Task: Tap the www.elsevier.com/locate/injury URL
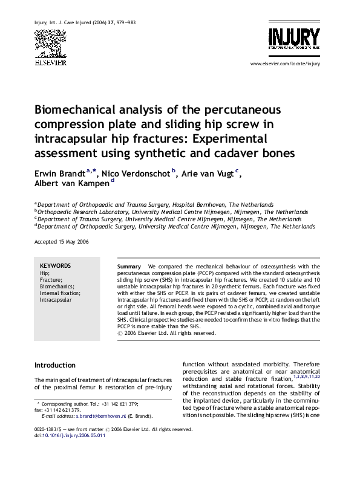tap(284, 63)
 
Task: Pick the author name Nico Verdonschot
tap(136, 174)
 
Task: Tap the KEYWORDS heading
tap(55, 265)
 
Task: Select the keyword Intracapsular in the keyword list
tap(56, 299)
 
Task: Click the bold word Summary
tap(129, 266)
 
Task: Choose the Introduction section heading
tap(55, 365)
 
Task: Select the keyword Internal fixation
tap(59, 293)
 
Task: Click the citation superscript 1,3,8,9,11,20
tap(307, 376)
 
